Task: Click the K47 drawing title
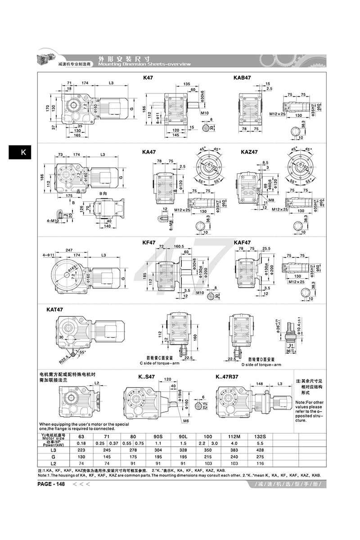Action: pos(148,78)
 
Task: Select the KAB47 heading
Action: pos(242,78)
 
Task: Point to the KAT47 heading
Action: pos(55,310)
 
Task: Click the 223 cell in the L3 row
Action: pos(81,450)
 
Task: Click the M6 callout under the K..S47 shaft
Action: pos(185,421)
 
